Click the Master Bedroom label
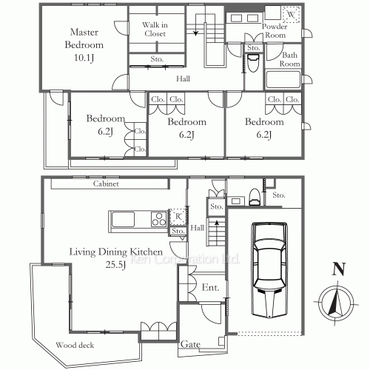tap(84, 38)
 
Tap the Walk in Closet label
tap(155, 29)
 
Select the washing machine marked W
tap(292, 15)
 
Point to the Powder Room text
tap(275, 30)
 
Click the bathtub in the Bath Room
tap(283, 79)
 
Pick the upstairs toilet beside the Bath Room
tap(253, 63)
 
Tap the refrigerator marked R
tap(178, 217)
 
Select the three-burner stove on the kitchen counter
tap(159, 219)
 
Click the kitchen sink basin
tap(123, 219)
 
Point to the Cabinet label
tap(106, 184)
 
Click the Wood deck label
tap(75, 345)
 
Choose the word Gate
tap(190, 344)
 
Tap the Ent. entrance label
tap(210, 287)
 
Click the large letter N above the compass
tap(339, 269)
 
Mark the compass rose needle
tap(335, 301)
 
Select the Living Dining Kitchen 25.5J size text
tap(115, 265)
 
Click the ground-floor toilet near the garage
tap(255, 197)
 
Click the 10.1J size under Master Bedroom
tap(84, 58)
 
